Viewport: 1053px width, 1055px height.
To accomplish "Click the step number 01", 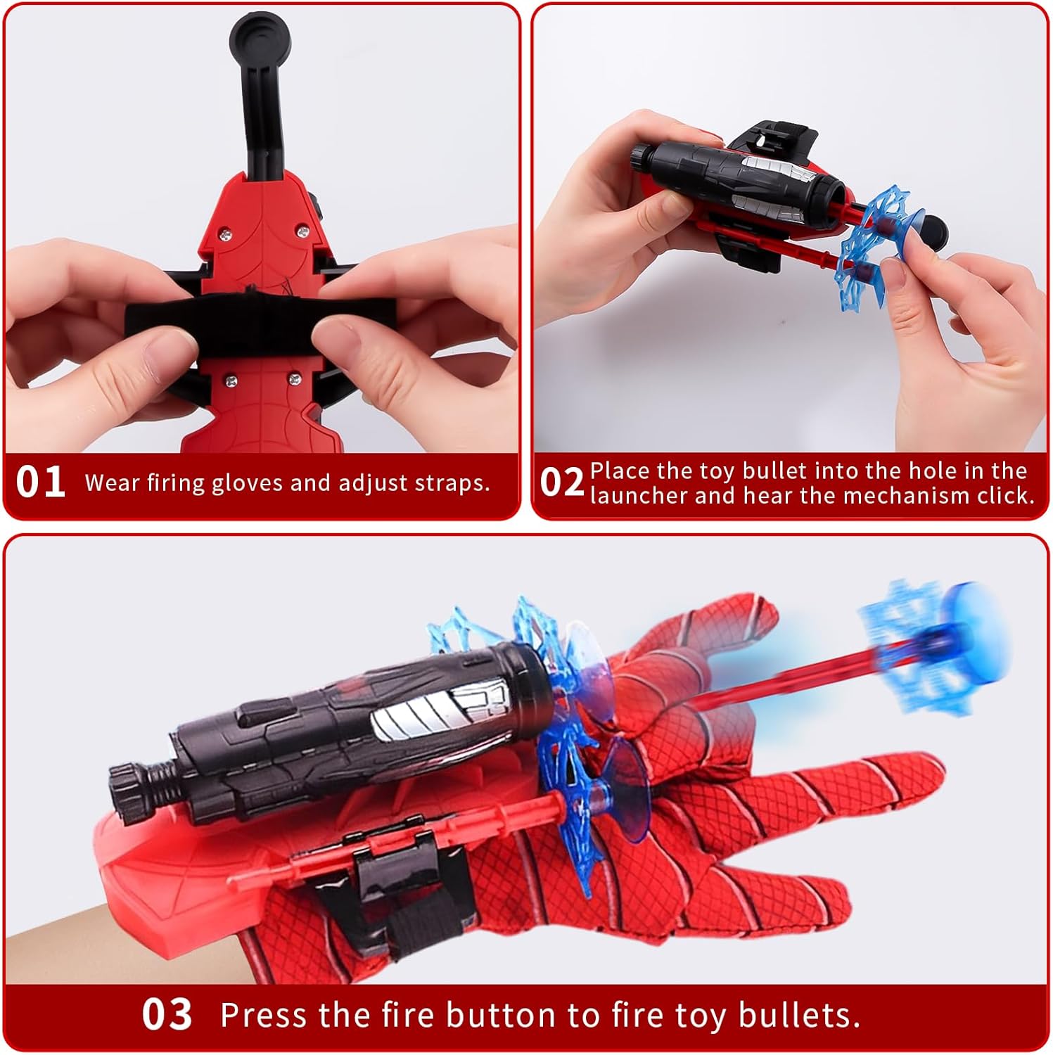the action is (41, 482).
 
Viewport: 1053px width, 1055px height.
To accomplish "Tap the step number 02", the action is (562, 482).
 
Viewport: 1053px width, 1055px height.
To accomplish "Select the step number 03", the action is (167, 1014).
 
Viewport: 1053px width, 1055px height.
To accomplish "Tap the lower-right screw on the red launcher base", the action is (294, 380).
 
